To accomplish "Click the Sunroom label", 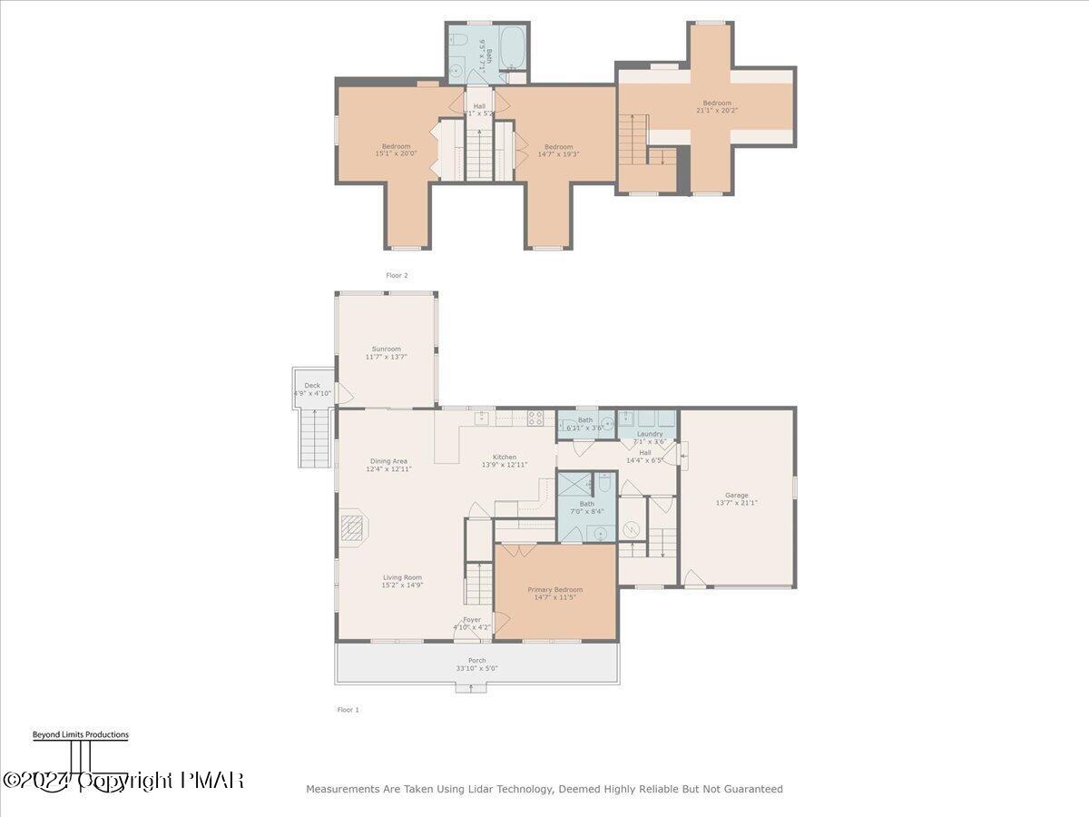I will pyautogui.click(x=386, y=349).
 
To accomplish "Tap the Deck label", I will pyautogui.click(x=312, y=386).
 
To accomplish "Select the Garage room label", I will pyautogui.click(x=736, y=496).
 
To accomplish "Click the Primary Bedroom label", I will pyautogui.click(x=555, y=590).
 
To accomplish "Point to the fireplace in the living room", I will pyautogui.click(x=352, y=527).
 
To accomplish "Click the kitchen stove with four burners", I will pyautogui.click(x=535, y=418).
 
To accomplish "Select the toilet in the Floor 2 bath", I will pyautogui.click(x=459, y=41).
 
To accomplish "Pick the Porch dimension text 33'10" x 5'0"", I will pyautogui.click(x=476, y=669).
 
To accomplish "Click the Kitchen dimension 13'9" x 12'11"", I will pyautogui.click(x=505, y=465).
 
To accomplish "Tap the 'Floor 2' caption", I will pyautogui.click(x=397, y=275).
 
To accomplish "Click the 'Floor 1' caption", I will pyautogui.click(x=348, y=710).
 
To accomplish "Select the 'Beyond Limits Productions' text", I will pyautogui.click(x=81, y=735).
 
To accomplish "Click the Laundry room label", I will pyautogui.click(x=650, y=434).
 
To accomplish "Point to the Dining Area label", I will pyautogui.click(x=388, y=461).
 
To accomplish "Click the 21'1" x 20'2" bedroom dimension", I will pyautogui.click(x=716, y=112).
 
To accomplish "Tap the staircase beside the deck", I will pyautogui.click(x=312, y=438).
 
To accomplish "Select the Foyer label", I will pyautogui.click(x=472, y=620).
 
